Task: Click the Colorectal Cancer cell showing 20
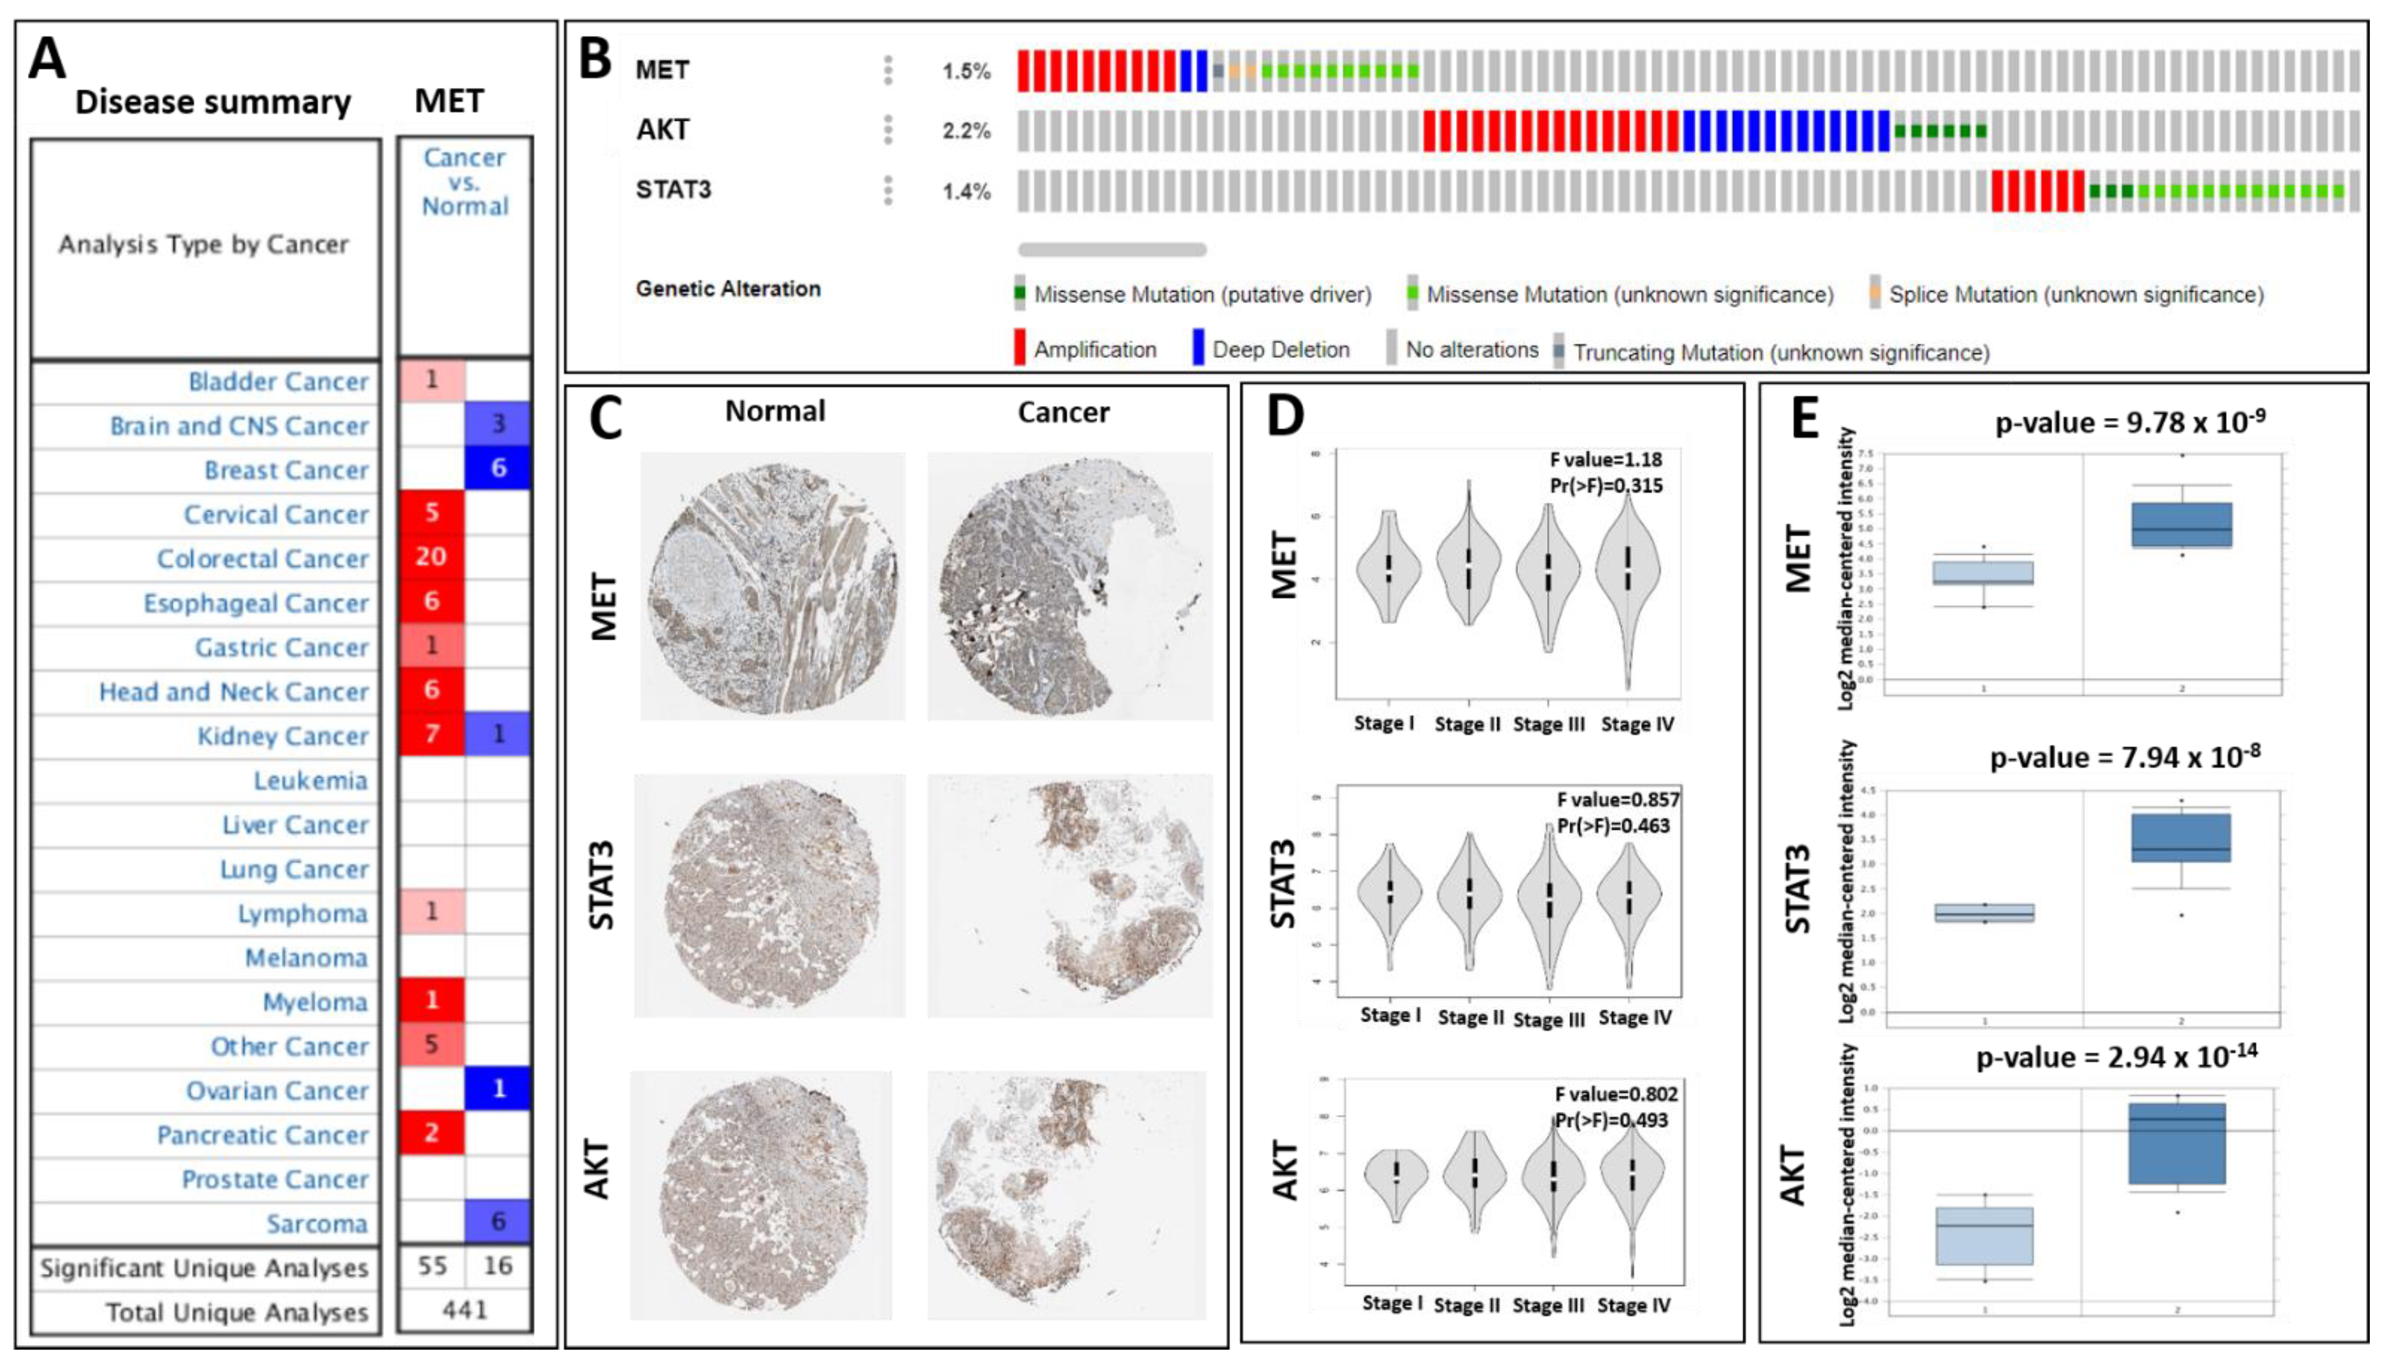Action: point(431,557)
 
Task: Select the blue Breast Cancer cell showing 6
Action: point(498,467)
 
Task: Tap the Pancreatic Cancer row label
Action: point(263,1135)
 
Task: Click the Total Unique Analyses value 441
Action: point(465,1309)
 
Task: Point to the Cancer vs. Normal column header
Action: point(465,182)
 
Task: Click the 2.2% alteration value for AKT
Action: point(966,131)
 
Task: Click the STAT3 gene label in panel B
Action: point(673,189)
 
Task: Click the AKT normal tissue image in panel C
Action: point(760,1194)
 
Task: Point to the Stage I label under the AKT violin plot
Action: point(1391,1303)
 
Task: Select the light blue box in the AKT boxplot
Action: point(1984,1236)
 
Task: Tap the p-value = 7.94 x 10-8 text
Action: point(2124,757)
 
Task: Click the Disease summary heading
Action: point(213,102)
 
